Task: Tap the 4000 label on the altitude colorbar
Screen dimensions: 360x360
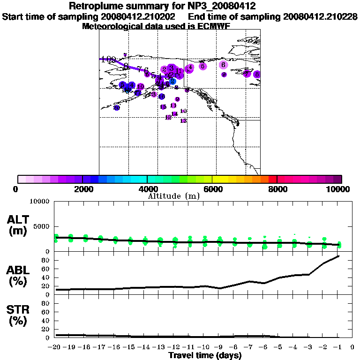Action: coord(147,189)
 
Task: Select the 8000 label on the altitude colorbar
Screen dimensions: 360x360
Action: coord(277,189)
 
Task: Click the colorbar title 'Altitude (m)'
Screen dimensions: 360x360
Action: coord(173,196)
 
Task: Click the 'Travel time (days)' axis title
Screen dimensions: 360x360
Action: coord(205,355)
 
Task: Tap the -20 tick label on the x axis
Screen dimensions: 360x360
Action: coord(55,347)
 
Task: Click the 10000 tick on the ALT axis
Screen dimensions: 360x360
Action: coord(39,202)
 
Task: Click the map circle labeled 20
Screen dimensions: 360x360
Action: coord(116,108)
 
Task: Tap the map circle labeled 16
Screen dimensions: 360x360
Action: coord(161,97)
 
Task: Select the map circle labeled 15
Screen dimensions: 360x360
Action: coord(163,107)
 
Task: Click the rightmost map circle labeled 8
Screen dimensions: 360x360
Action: coord(257,74)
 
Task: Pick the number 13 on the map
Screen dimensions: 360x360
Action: coord(183,121)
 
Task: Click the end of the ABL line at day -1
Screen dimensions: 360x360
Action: coord(338,256)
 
